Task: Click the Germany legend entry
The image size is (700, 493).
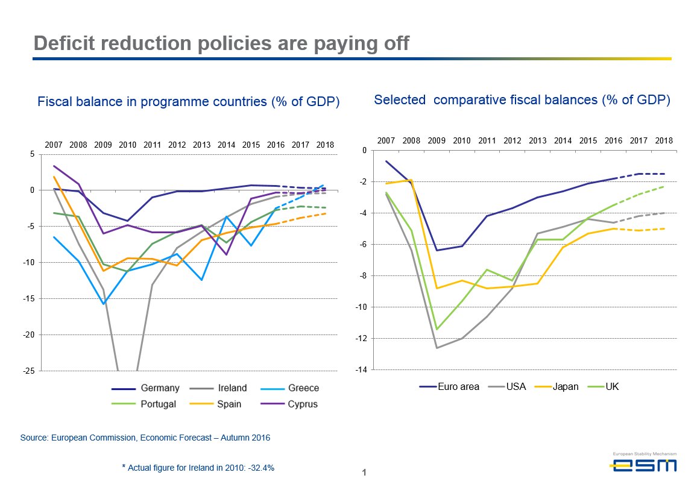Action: (160, 388)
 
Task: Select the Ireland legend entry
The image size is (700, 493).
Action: (232, 388)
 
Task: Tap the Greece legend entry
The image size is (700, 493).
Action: (303, 388)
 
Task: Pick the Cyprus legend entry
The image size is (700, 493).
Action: (303, 404)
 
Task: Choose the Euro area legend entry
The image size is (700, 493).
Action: (458, 387)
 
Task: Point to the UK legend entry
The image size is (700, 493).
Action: (611, 387)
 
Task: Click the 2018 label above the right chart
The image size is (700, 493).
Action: (664, 140)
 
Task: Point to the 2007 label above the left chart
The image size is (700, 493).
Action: (54, 145)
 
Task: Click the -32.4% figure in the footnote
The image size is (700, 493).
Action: (261, 467)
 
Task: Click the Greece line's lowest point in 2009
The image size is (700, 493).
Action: (104, 304)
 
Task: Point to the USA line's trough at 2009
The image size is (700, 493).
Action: (437, 348)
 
